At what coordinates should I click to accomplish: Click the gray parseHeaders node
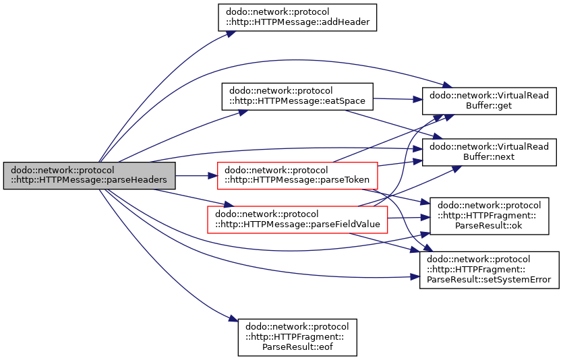click(90, 175)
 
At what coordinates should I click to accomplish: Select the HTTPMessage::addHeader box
click(297, 18)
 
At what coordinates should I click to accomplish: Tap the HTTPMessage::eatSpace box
click(297, 96)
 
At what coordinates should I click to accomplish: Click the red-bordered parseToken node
click(297, 175)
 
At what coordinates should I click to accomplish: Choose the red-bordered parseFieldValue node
click(297, 220)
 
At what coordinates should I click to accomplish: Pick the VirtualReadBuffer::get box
click(489, 101)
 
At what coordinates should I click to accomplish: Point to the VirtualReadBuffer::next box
click(489, 152)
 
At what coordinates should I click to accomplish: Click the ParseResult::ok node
click(489, 216)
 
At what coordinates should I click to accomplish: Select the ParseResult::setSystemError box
click(489, 270)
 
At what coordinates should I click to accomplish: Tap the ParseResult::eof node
click(297, 337)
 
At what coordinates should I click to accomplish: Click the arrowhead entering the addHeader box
click(231, 34)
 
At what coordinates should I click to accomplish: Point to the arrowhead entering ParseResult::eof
click(233, 318)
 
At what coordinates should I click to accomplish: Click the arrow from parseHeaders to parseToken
click(196, 175)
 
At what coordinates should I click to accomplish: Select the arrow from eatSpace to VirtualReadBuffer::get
click(398, 99)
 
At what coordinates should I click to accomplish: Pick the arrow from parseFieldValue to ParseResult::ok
click(409, 218)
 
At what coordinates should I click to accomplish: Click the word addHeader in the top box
click(347, 22)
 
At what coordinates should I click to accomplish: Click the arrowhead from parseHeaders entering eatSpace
click(243, 113)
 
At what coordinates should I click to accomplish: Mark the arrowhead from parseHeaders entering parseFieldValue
click(229, 205)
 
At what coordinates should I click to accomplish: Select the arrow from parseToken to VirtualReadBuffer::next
click(400, 163)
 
